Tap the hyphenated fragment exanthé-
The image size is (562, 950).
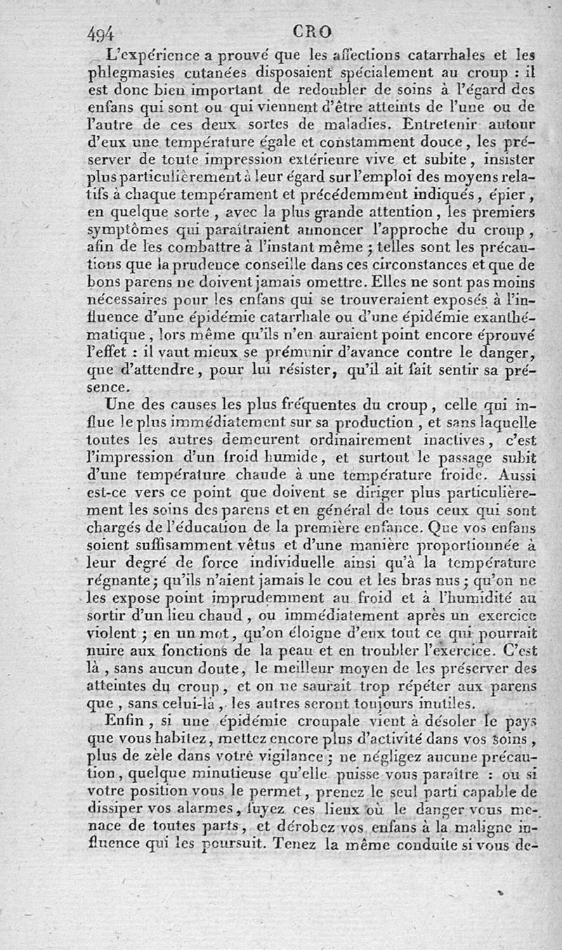(504, 318)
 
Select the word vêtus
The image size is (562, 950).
(252, 545)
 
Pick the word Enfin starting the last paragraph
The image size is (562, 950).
(121, 720)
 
